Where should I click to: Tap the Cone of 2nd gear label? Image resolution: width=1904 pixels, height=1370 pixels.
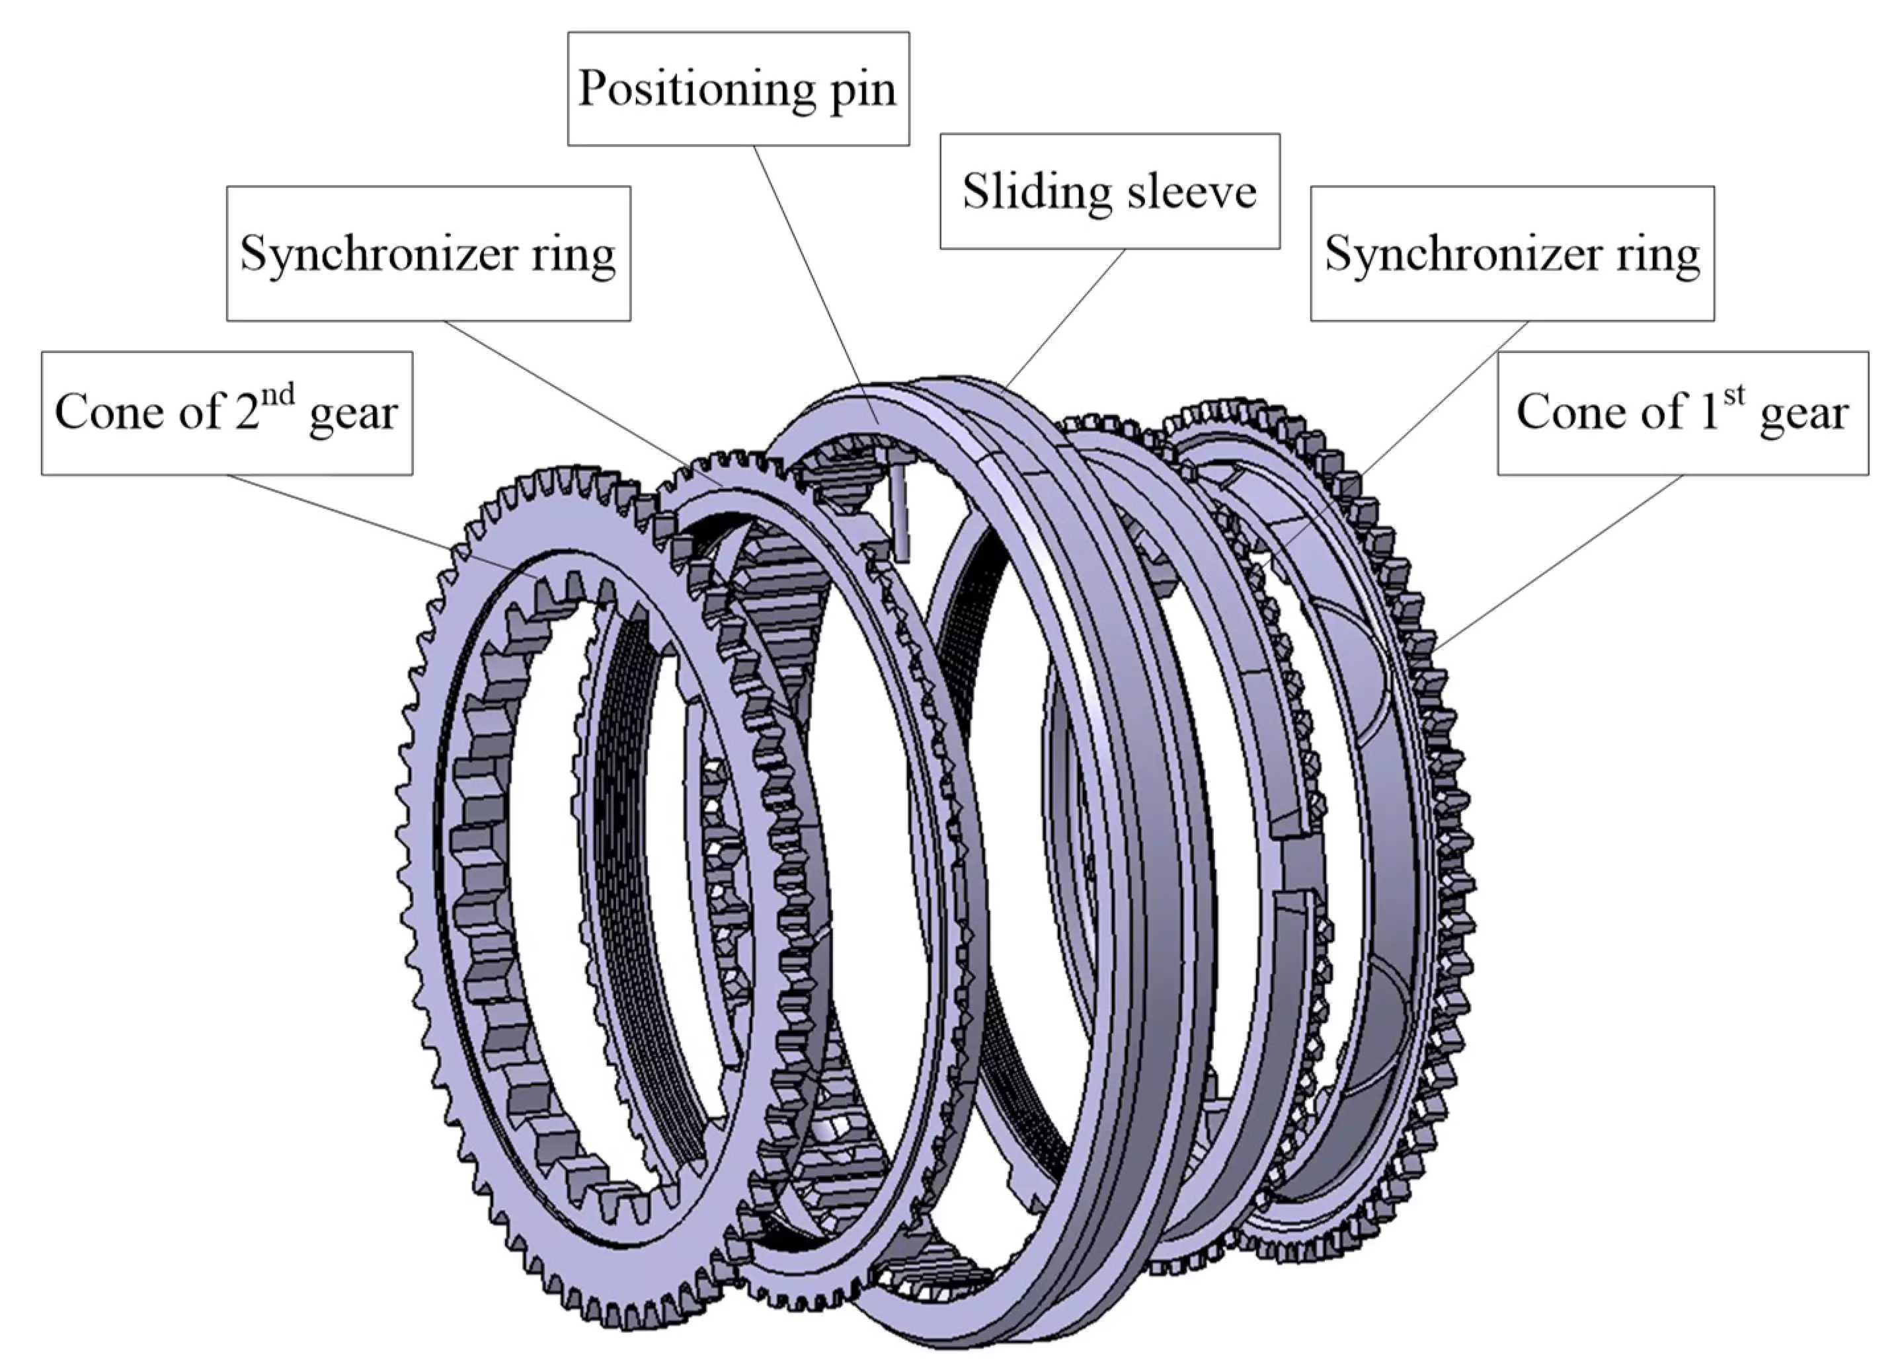[x=227, y=412]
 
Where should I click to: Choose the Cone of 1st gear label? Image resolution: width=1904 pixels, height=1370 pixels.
[x=1683, y=412]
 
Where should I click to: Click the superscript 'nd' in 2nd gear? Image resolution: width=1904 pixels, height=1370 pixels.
[x=277, y=395]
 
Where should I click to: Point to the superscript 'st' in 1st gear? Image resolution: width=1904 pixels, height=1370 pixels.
[x=1734, y=395]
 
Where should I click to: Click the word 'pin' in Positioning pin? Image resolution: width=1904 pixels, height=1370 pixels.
[x=862, y=90]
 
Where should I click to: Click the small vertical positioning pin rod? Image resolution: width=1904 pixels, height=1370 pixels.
[x=900, y=513]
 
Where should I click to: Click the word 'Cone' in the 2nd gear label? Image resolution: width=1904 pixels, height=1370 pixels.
[x=102, y=412]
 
